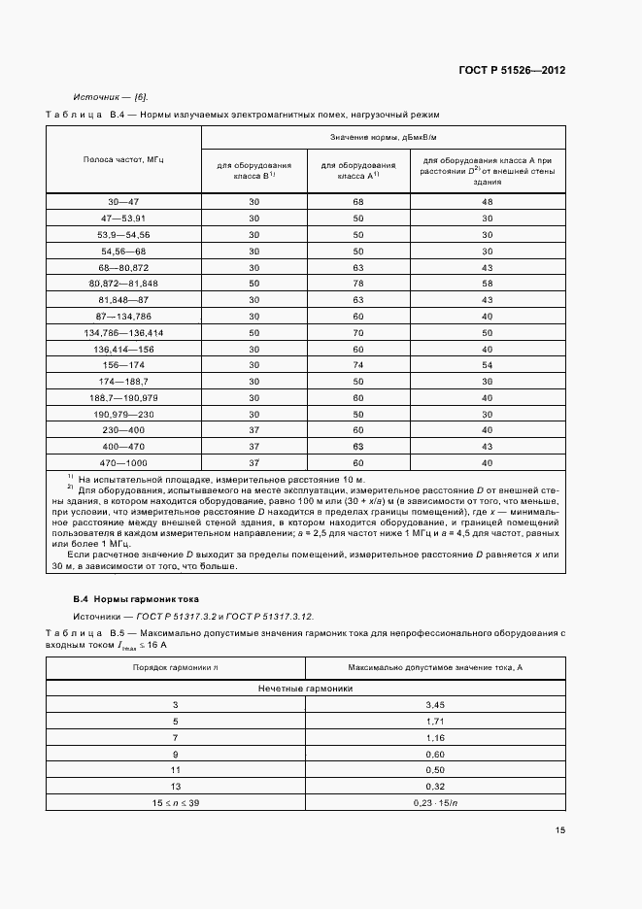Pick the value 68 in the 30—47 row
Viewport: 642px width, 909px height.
(357, 201)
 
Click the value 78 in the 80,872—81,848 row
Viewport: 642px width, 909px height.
(357, 283)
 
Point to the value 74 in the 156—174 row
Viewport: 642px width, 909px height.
(357, 364)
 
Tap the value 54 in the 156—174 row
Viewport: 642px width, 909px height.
(488, 364)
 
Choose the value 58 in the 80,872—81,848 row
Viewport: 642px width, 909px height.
(488, 283)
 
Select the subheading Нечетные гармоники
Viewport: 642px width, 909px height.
(304, 687)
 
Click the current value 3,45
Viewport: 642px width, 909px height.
(434, 703)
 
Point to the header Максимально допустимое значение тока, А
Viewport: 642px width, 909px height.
(434, 667)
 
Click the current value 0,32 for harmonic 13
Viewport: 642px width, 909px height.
(434, 785)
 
